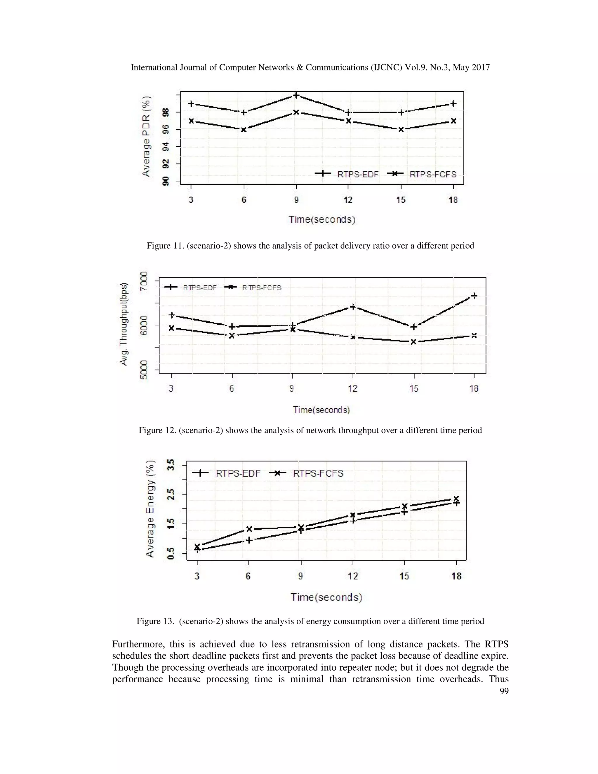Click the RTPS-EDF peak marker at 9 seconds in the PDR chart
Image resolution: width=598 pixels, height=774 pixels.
click(296, 95)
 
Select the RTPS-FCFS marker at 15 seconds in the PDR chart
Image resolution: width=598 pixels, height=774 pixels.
click(401, 129)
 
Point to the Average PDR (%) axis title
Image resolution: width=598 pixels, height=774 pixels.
click(146, 136)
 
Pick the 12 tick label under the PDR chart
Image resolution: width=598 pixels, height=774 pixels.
click(348, 200)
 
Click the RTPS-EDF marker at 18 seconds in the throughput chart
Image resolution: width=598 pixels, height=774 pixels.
click(474, 296)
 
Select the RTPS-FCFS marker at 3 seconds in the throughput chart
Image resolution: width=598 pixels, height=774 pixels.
click(171, 328)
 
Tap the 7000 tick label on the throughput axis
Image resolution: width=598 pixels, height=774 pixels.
click(144, 281)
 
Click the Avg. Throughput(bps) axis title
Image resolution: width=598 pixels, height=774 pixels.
click(123, 324)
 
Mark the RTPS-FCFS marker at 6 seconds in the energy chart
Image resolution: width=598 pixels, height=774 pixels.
click(249, 529)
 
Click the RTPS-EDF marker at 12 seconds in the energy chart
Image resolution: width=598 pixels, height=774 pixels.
click(353, 520)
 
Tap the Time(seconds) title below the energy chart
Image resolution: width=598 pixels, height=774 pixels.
click(326, 598)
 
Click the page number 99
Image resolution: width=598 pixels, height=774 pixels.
click(504, 691)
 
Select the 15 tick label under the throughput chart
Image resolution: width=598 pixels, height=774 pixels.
click(414, 388)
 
